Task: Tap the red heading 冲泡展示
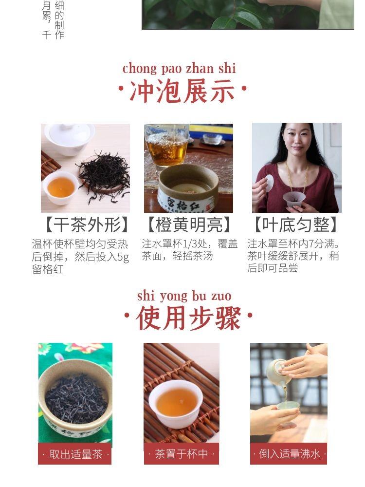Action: (182, 91)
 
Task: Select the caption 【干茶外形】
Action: (87, 225)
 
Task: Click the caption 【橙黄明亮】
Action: (189, 225)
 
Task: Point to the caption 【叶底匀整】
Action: (295, 225)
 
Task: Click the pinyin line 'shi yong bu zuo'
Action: (184, 296)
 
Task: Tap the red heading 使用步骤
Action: (188, 318)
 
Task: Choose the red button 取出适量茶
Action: (75, 454)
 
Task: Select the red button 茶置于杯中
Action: (182, 454)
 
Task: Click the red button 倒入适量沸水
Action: (289, 454)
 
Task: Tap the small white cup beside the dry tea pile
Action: (61, 187)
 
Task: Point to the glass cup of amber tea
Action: (167, 147)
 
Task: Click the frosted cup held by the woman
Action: (292, 199)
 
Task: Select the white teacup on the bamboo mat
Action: (176, 404)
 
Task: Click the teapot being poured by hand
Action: (278, 372)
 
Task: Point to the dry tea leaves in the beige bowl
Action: (76, 395)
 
